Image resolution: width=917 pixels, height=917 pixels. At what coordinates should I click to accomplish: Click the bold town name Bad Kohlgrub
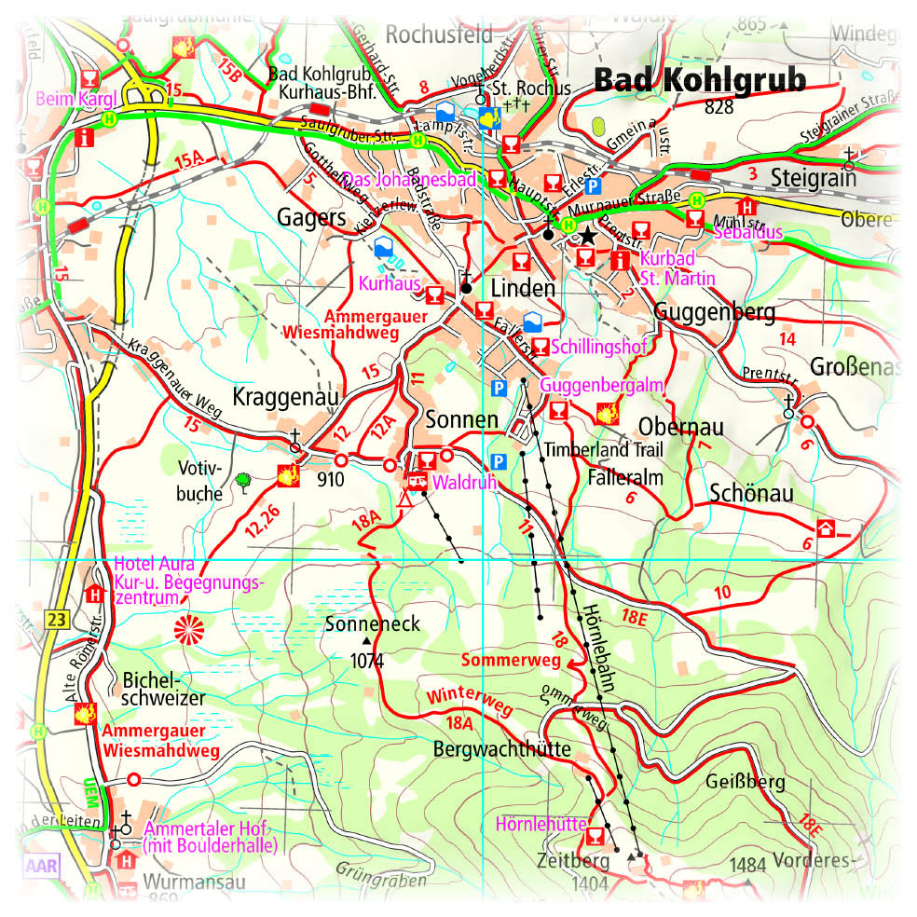(699, 80)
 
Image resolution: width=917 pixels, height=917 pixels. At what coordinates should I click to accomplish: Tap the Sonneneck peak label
(374, 624)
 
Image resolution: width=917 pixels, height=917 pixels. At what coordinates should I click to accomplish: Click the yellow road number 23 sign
(56, 618)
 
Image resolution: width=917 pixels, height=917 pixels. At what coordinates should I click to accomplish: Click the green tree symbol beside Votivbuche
(243, 481)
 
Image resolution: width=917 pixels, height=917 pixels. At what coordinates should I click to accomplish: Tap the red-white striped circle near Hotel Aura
(188, 631)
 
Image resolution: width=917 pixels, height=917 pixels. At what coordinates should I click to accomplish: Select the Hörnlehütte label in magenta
(541, 825)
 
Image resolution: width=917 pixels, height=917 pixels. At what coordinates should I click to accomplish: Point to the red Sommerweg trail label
(510, 661)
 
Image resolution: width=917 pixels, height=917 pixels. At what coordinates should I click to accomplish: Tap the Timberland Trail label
(605, 449)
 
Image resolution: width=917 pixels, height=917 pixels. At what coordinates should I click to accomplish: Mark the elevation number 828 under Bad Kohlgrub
(719, 107)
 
